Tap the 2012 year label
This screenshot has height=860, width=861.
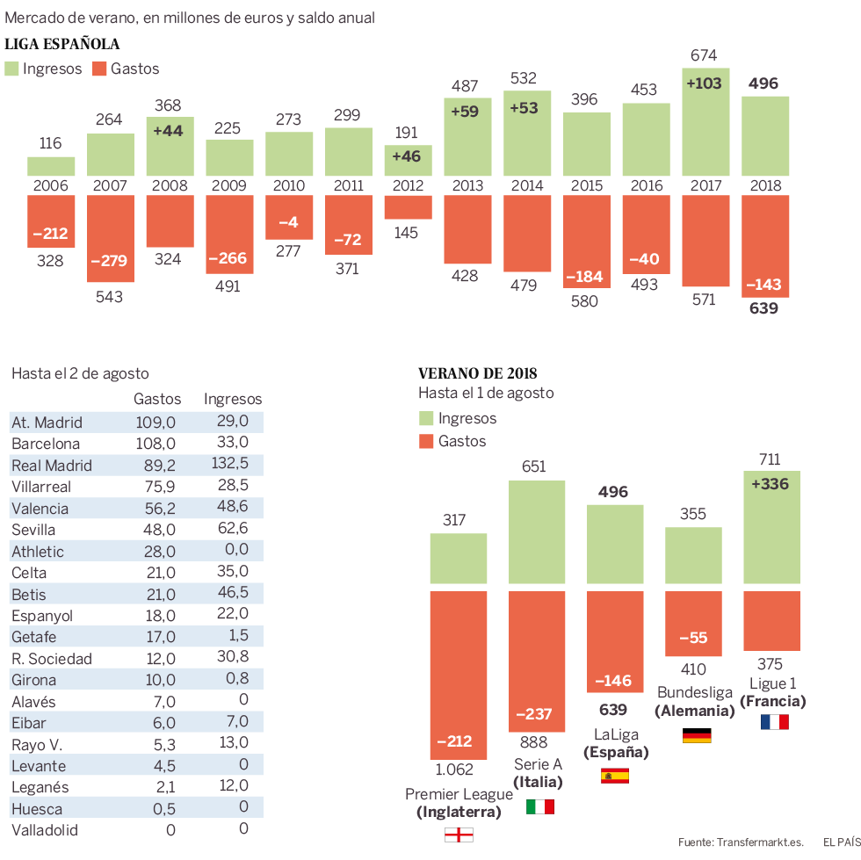point(409,185)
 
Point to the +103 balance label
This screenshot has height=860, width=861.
point(704,83)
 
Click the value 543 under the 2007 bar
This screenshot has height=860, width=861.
point(110,297)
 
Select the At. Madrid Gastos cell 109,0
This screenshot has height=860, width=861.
point(156,423)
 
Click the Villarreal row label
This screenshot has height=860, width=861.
point(41,487)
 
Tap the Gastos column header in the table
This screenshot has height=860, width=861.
point(157,399)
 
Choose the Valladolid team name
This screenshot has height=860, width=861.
point(44,830)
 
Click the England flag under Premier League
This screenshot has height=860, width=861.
point(459,835)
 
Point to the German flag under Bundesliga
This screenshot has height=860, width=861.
point(697,735)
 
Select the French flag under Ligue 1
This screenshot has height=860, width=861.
point(774,722)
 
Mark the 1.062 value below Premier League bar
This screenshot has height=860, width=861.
point(455,770)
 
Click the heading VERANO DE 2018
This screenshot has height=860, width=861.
point(478,373)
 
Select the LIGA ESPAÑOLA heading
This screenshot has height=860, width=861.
point(62,44)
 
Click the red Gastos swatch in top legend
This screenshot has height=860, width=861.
point(98,69)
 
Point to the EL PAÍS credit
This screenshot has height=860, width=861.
point(841,842)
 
